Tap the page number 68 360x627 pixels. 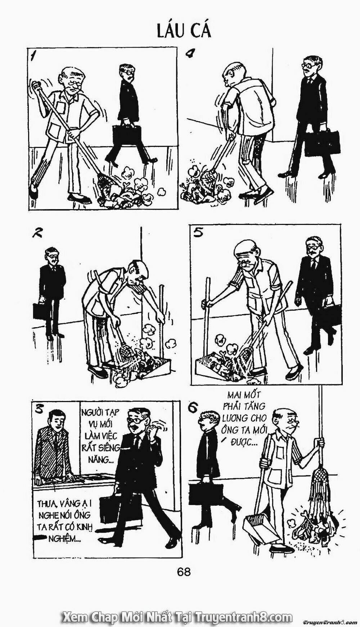pos(184,571)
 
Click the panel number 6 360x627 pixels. pos(193,407)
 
